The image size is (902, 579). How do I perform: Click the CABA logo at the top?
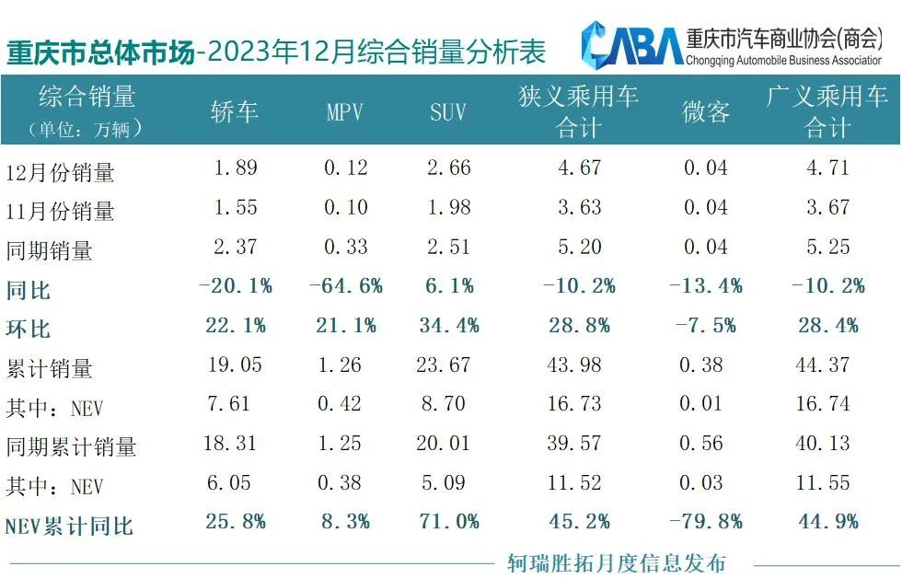coord(631,43)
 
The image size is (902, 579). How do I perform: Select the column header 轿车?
coord(235,111)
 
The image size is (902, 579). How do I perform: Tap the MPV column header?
coord(345,112)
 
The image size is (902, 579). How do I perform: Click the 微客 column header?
coord(706,112)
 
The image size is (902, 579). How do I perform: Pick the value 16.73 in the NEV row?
coord(578,404)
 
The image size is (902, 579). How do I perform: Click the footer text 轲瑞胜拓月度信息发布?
coord(616,562)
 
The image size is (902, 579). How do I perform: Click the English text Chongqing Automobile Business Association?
coord(783,60)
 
